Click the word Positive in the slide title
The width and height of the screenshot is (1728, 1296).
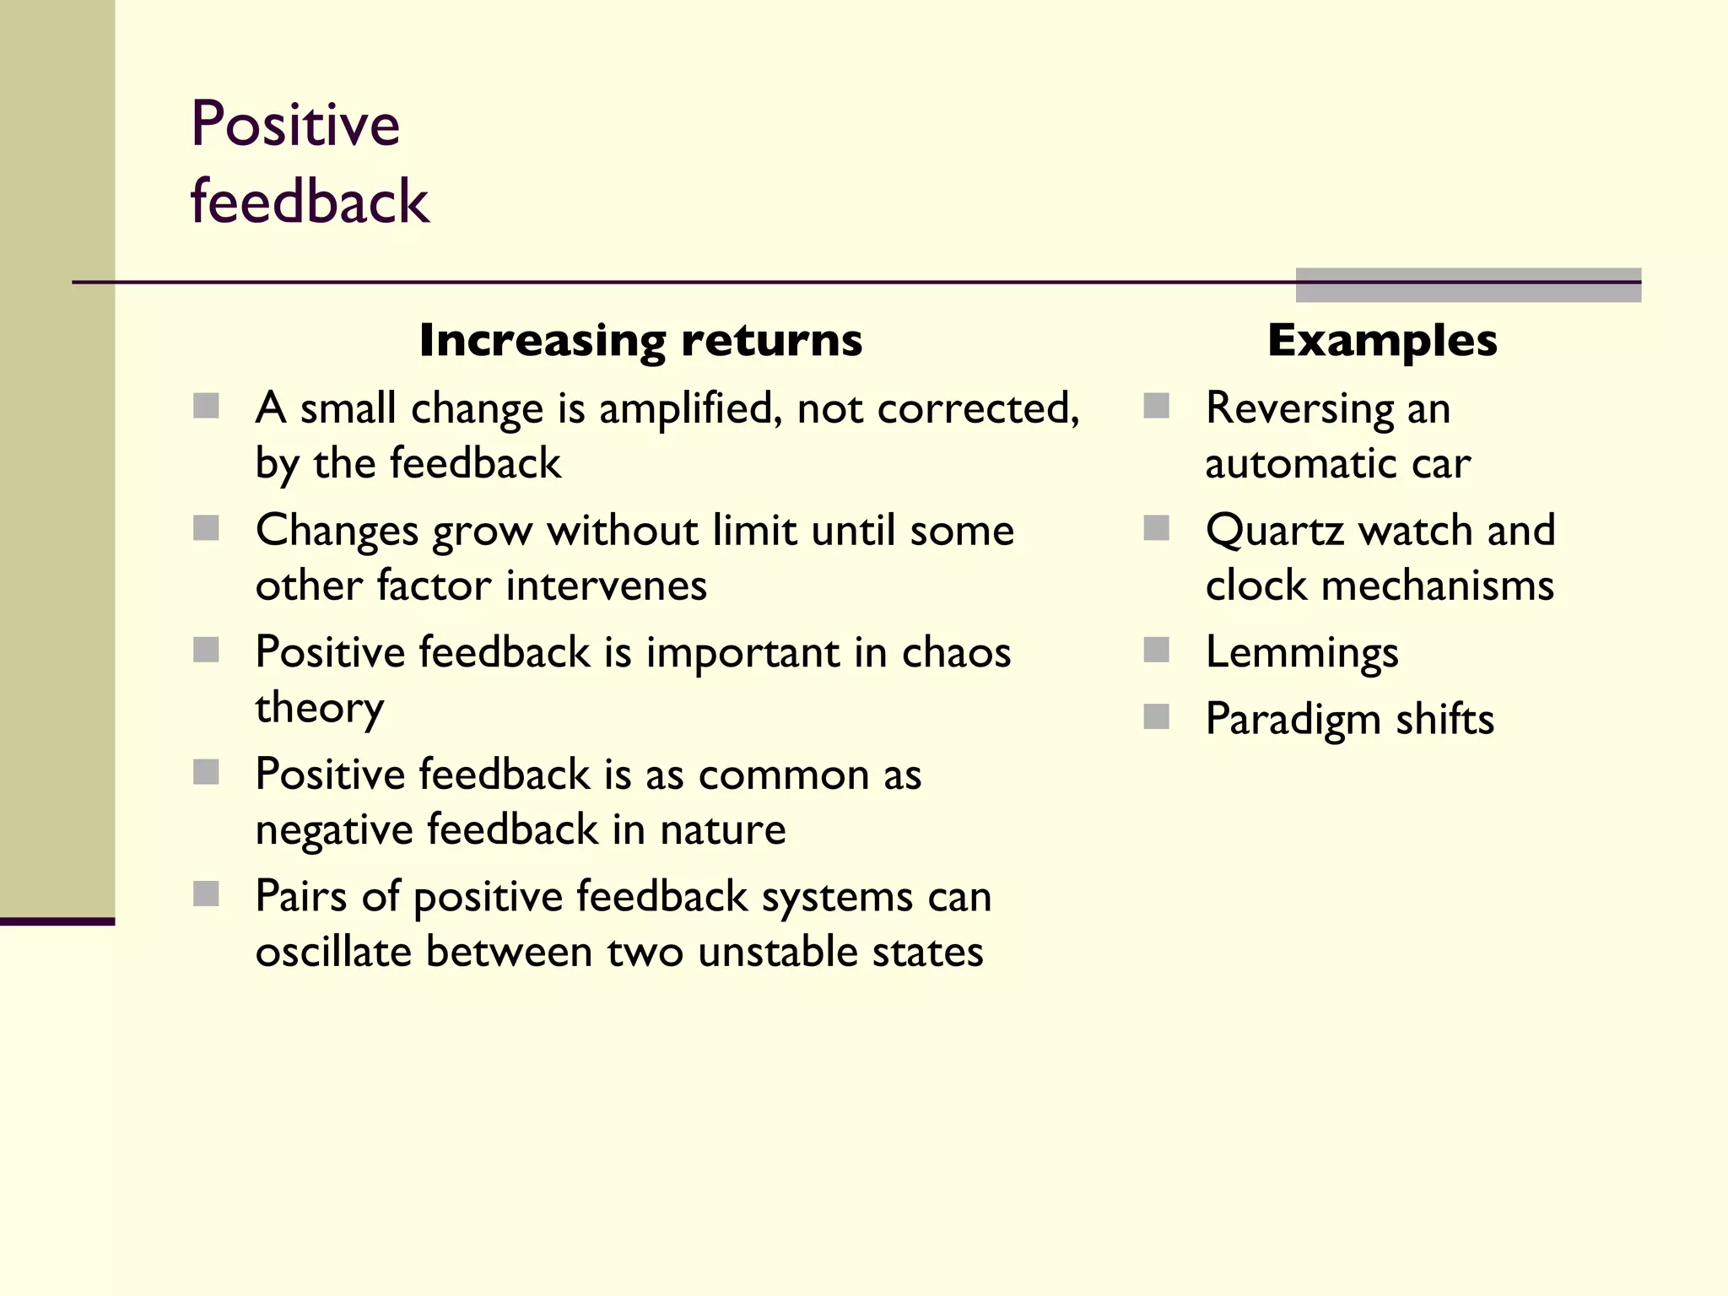[x=294, y=124]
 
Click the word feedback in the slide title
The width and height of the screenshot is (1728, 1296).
[x=310, y=202]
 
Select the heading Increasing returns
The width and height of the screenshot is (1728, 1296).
[x=640, y=341]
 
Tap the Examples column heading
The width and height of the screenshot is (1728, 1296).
[x=1382, y=341]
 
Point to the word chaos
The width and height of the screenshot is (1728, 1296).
[x=955, y=652]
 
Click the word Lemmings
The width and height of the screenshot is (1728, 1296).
[x=1302, y=653]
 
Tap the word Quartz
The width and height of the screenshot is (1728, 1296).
[x=1275, y=531]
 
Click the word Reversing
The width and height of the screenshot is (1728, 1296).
[x=1299, y=409]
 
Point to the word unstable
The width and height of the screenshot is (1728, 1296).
[x=778, y=952]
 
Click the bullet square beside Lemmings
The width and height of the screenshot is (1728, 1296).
[x=1156, y=650]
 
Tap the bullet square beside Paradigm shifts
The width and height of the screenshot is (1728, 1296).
[x=1156, y=717]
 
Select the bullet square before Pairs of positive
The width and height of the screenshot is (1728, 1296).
[x=206, y=894]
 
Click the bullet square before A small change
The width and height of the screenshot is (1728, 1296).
[x=206, y=406]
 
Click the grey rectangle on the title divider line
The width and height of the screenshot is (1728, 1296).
[x=1467, y=285]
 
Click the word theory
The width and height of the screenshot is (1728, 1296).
[x=319, y=708]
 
